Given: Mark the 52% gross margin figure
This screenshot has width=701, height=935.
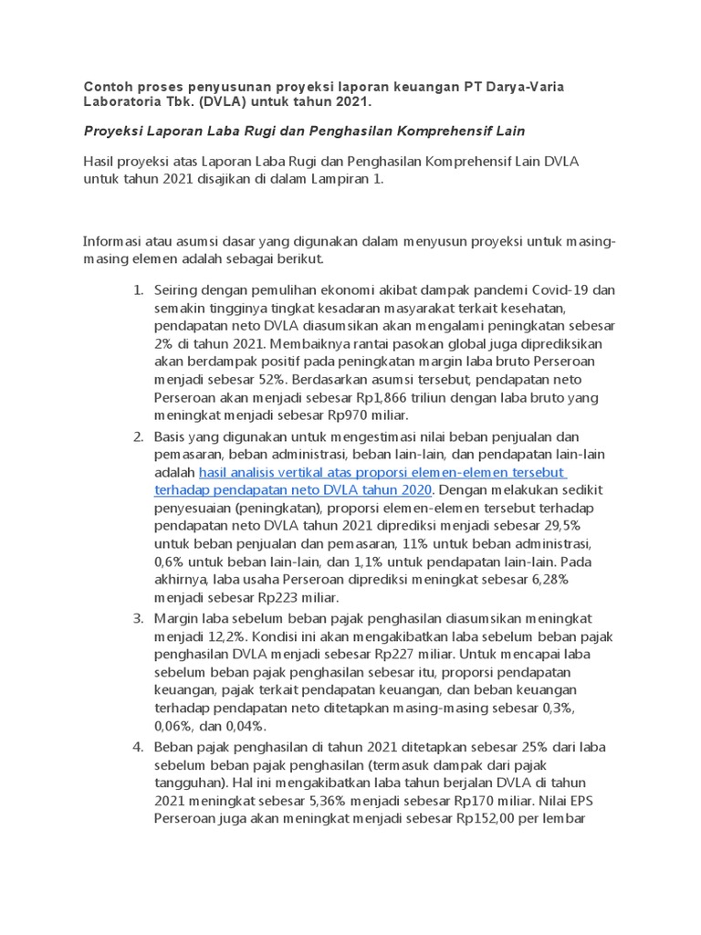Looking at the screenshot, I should (272, 380).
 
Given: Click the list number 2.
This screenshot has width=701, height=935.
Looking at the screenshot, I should (138, 437).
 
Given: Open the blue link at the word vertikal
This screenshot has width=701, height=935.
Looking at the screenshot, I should (302, 473).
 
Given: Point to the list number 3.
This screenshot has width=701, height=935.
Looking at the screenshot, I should (138, 619).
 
